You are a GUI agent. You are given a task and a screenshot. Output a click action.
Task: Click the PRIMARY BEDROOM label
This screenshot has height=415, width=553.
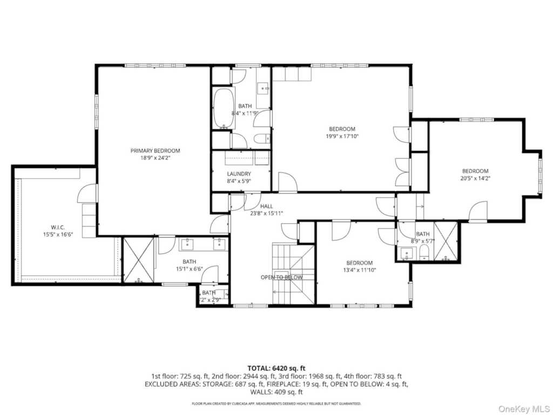pos(155,151)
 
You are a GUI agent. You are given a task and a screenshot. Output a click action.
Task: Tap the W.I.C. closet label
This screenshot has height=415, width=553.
pos(58,227)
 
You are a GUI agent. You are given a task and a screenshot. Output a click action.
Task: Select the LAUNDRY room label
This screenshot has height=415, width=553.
pos(239,173)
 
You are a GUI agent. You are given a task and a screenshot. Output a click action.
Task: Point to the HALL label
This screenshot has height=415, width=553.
pos(266,206)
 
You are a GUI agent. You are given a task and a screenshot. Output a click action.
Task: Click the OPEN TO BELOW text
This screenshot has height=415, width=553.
pos(281,277)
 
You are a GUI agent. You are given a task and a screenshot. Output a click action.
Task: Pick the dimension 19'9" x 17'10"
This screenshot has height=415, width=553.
pos(342,137)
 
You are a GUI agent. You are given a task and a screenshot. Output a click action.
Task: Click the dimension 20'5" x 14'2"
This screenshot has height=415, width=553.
pos(475,178)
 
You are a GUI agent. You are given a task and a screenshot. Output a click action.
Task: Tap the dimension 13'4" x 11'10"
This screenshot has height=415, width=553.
pos(360,270)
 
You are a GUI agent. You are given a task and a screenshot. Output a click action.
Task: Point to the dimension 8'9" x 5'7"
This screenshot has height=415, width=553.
pos(422,240)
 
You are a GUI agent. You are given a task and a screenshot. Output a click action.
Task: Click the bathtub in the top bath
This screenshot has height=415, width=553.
pos(224,108)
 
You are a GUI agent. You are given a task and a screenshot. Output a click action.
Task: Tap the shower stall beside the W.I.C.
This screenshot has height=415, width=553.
pos(138,260)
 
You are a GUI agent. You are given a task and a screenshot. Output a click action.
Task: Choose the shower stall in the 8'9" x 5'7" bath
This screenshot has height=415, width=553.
pos(446,241)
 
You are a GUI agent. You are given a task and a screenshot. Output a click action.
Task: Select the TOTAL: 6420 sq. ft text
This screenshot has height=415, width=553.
pos(276,368)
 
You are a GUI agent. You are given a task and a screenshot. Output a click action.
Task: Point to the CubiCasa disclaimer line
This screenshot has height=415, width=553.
pos(276,403)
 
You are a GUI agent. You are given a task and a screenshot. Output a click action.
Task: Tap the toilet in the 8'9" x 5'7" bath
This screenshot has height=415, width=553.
pos(424,252)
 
